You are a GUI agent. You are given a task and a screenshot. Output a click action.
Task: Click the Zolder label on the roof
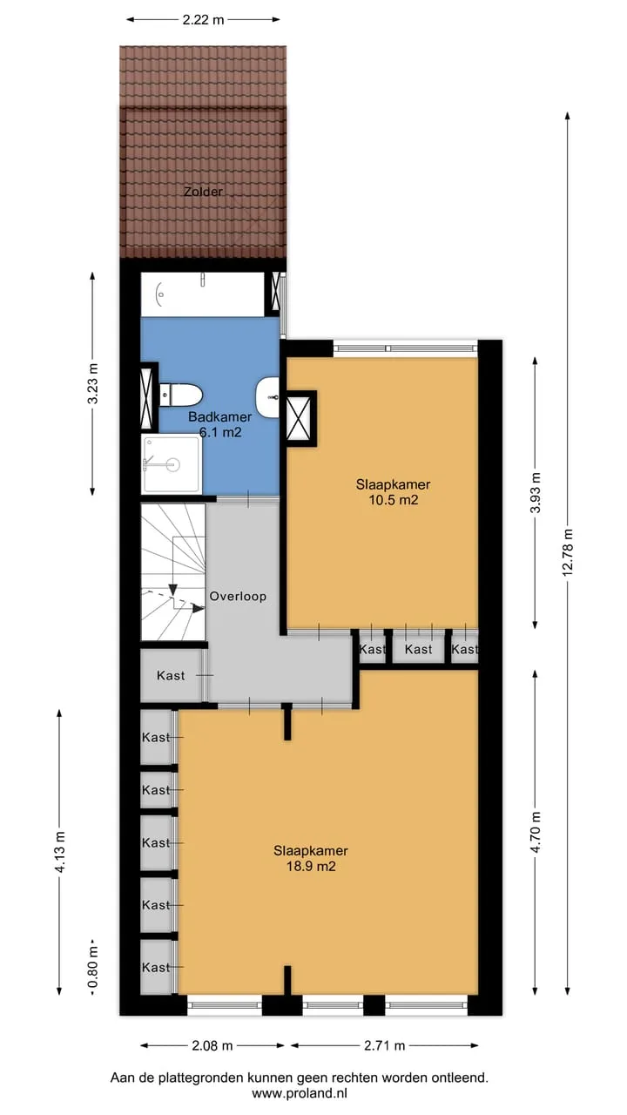203,192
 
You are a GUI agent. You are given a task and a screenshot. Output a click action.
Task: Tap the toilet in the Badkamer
180,395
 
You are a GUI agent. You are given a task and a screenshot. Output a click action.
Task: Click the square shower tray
172,464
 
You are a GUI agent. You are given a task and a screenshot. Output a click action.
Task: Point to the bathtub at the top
203,294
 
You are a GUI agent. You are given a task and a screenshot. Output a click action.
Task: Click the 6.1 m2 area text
220,432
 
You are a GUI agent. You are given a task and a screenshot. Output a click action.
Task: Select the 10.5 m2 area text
393,500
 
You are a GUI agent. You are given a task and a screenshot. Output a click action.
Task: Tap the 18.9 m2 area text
311,866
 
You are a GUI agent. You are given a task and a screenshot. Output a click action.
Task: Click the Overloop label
238,597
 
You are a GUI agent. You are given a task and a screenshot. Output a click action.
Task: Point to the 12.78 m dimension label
568,552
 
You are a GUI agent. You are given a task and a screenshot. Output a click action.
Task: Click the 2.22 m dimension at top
203,20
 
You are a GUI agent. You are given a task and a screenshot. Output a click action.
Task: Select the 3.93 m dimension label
536,492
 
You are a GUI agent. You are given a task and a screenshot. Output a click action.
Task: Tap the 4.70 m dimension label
536,832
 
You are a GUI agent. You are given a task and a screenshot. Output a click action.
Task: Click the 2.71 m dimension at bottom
385,1045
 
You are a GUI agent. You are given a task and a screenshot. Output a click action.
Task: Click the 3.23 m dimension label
92,384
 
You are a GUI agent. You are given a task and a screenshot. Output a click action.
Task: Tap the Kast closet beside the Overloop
172,675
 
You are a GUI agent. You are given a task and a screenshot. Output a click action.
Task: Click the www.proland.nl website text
299,1093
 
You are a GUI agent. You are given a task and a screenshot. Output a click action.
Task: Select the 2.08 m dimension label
212,1045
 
